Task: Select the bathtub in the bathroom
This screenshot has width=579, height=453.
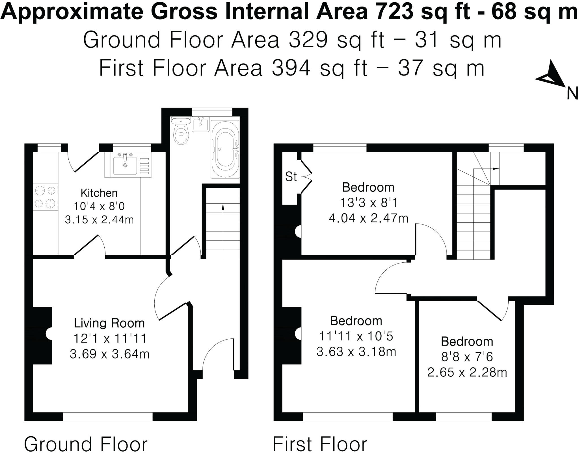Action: pyautogui.click(x=225, y=150)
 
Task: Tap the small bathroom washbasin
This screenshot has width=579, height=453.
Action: pyautogui.click(x=201, y=124)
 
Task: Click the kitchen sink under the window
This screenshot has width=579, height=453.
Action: pyautogui.click(x=125, y=165)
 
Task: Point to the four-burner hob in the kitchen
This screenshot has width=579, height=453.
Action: pyautogui.click(x=45, y=197)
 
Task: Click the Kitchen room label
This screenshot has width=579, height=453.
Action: pyautogui.click(x=99, y=193)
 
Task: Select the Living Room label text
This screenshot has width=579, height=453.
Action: pyautogui.click(x=109, y=323)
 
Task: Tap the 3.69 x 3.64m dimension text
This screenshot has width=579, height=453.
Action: pyautogui.click(x=109, y=354)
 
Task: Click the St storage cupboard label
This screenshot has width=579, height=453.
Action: pyautogui.click(x=291, y=177)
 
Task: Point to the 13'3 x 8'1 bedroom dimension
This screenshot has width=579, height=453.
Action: pyautogui.click(x=368, y=203)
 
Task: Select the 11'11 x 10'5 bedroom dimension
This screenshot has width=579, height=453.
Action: pyautogui.click(x=356, y=336)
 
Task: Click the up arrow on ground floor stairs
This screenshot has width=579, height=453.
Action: pyautogui.click(x=223, y=208)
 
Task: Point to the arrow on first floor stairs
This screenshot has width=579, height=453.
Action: pyautogui.click(x=495, y=169)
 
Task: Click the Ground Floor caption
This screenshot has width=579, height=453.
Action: pyautogui.click(x=86, y=444)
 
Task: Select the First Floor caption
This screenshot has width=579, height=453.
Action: pyautogui.click(x=320, y=444)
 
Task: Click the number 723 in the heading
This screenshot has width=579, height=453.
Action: pyautogui.click(x=392, y=12)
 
